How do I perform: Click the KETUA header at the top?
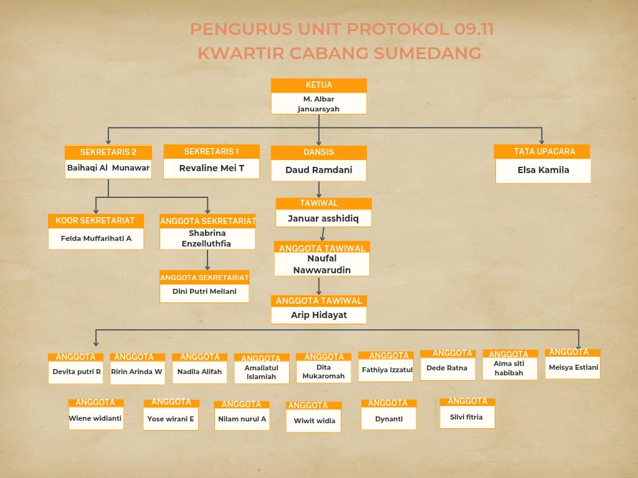(319, 85)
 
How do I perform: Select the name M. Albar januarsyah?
(318, 104)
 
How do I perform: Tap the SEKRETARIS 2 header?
(108, 152)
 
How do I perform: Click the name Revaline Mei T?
(212, 168)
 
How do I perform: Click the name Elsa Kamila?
(543, 170)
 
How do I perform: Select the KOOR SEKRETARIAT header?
(95, 221)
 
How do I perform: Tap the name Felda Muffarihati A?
(96, 238)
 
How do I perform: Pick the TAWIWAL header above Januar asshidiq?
(319, 204)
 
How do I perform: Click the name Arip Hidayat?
(319, 315)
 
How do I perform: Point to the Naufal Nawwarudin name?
(322, 264)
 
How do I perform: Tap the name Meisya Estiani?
(573, 367)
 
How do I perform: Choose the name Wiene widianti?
(95, 418)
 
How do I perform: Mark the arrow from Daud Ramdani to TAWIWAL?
(319, 189)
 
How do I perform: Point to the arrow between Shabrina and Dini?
(207, 260)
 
